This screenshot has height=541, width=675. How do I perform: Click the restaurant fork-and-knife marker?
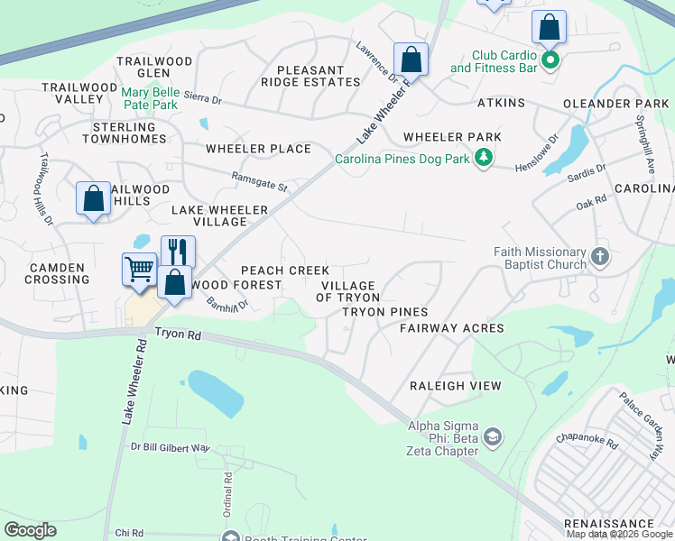coord(178,252)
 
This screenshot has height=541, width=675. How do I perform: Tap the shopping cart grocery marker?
coord(139,269)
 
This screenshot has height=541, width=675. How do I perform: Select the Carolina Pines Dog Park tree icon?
coord(485,159)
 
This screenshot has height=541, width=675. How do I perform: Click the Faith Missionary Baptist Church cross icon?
coord(599,259)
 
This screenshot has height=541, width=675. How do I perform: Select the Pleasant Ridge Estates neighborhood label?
coord(310,76)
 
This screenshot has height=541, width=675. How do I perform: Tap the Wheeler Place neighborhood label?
coord(258,149)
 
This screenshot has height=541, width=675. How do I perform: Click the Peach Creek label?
coord(284,270)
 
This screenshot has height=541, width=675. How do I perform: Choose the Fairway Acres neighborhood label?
coord(451,328)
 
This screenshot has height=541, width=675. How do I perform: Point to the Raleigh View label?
coord(455,385)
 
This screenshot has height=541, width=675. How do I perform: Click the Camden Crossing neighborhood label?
coord(59,273)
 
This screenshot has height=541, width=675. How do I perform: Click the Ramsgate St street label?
coord(258,183)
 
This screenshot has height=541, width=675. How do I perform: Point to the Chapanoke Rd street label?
coord(586,444)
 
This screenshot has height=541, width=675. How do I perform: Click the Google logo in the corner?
coord(30,530)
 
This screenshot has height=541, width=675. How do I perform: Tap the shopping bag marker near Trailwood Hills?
coord(94,200)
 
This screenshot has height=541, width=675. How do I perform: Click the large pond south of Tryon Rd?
coord(216,393)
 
